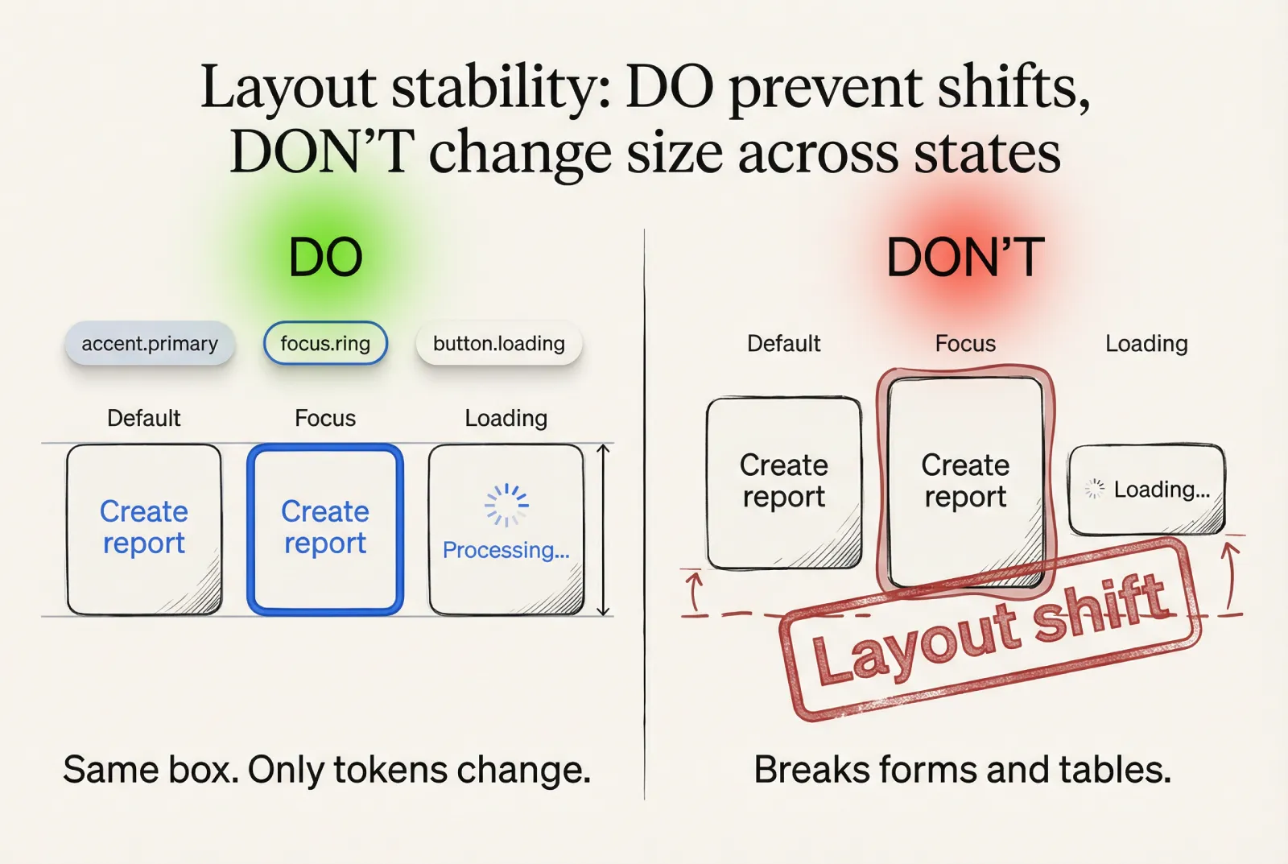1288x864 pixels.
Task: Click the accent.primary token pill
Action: pyautogui.click(x=150, y=344)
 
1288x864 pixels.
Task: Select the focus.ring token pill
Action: pyautogui.click(x=325, y=344)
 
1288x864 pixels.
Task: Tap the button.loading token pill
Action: pyautogui.click(x=498, y=344)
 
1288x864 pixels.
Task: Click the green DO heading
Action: pyautogui.click(x=325, y=258)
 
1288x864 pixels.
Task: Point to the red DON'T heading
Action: pyautogui.click(x=965, y=258)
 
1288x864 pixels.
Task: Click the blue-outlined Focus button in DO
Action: pyautogui.click(x=325, y=529)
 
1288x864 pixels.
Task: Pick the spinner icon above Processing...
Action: pyautogui.click(x=506, y=505)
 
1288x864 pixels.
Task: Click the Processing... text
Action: pyautogui.click(x=506, y=550)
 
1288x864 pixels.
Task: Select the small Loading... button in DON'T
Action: pyautogui.click(x=1146, y=490)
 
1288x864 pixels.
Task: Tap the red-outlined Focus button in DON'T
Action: pyautogui.click(x=965, y=481)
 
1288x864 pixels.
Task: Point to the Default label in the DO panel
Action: pyautogui.click(x=144, y=418)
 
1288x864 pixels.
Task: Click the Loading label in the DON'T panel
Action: pyautogui.click(x=1146, y=344)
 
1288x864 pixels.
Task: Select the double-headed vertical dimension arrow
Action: pyautogui.click(x=603, y=530)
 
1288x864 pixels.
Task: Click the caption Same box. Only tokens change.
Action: pyautogui.click(x=327, y=770)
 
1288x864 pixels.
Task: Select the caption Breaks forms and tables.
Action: pyautogui.click(x=963, y=770)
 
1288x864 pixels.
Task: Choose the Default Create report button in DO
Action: pyautogui.click(x=144, y=529)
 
